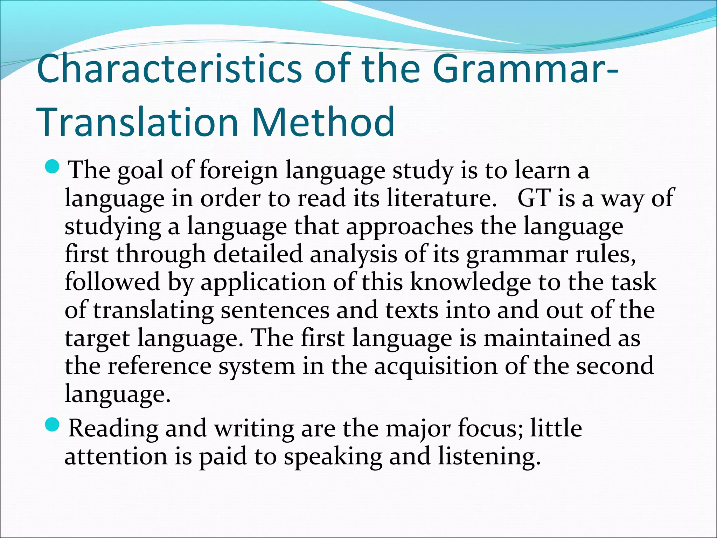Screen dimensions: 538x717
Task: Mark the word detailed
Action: [258, 254]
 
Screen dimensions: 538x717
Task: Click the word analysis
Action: [353, 255]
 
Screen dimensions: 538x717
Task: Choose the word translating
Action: [153, 311]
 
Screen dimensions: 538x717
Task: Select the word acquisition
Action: [436, 366]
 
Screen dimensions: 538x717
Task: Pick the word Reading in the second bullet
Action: [113, 429]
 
